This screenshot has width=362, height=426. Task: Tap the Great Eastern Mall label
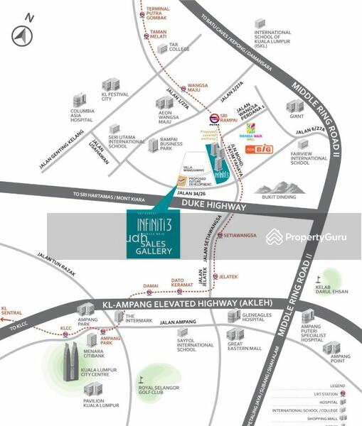click(244, 346)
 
